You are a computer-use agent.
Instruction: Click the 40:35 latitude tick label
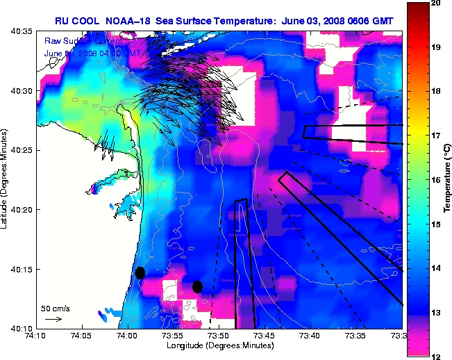click(20, 32)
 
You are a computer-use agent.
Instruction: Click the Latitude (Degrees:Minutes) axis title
click(6, 179)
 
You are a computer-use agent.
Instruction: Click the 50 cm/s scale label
click(55, 308)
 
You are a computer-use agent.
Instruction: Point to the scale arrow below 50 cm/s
click(53, 319)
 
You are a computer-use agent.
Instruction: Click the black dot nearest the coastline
click(140, 273)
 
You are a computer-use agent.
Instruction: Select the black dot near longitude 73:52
click(197, 286)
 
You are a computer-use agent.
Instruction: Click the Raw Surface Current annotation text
click(78, 42)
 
